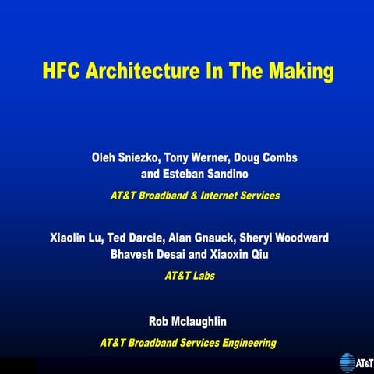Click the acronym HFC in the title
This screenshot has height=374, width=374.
click(62, 72)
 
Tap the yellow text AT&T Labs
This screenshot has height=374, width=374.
click(187, 275)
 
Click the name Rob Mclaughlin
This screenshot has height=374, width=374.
click(187, 321)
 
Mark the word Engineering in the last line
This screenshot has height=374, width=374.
click(241, 342)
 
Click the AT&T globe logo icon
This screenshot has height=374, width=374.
click(347, 362)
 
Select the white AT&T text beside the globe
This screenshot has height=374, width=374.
click(364, 363)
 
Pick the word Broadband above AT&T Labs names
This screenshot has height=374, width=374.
click(164, 196)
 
